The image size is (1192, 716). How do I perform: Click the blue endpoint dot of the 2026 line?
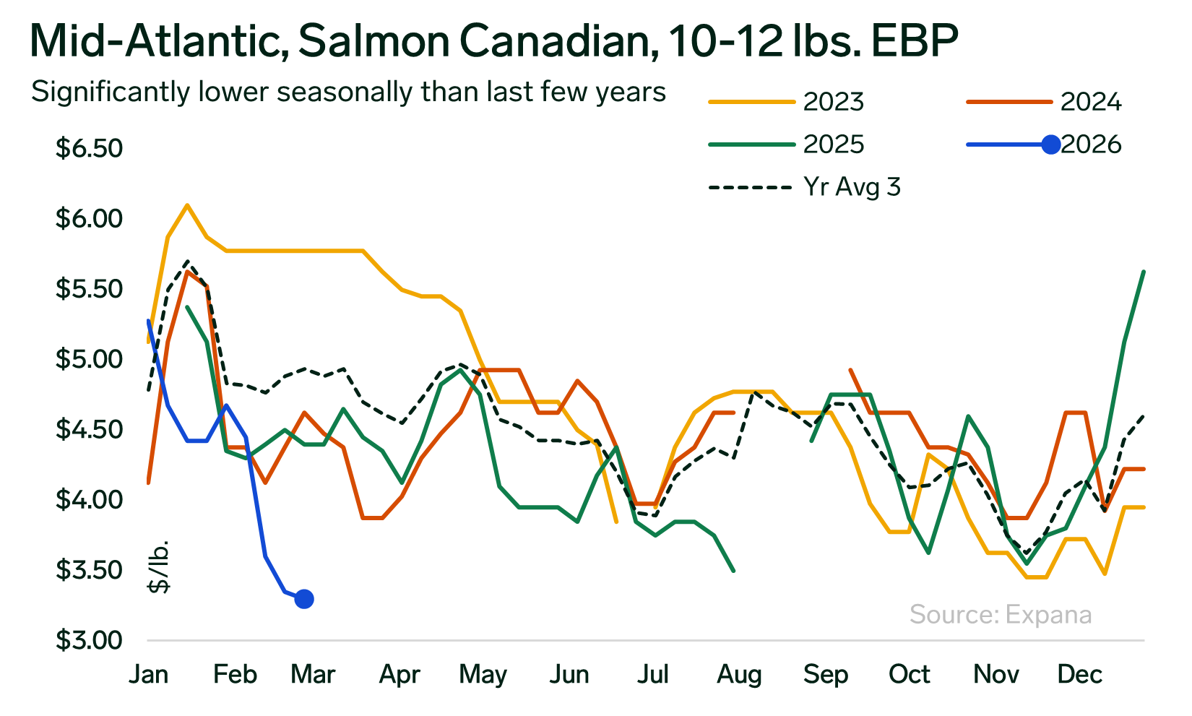coord(304,599)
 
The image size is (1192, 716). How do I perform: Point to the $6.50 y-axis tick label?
coord(89,148)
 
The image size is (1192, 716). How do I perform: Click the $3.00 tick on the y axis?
coord(89,640)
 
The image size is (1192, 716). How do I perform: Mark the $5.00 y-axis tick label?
coord(89,359)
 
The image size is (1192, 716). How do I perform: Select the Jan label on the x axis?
coord(149,674)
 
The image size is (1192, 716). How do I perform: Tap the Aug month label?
coord(739,674)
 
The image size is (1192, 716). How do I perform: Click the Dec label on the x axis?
coord(1079,674)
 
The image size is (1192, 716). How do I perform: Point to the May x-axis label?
coord(483,674)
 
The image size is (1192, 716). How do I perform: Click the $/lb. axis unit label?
coord(159,566)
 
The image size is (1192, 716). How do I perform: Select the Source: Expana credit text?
coord(1001,614)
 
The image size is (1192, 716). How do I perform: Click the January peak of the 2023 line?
coord(187,205)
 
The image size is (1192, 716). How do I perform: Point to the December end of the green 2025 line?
coord(1144,272)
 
